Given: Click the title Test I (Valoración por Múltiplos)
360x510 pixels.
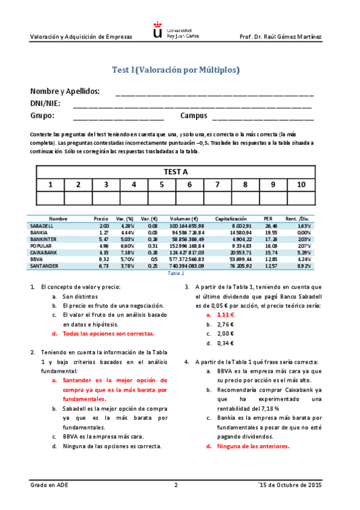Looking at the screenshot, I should [x=175, y=70].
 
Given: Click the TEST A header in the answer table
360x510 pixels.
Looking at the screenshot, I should [x=175, y=171].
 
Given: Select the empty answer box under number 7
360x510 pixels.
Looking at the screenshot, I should [x=217, y=198].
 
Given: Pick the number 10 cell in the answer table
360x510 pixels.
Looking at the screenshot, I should [x=301, y=185].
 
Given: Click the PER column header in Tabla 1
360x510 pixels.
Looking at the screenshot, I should [x=269, y=219].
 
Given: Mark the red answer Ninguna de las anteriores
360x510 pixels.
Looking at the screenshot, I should [x=253, y=446].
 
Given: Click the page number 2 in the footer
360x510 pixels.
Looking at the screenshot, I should [x=175, y=485].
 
